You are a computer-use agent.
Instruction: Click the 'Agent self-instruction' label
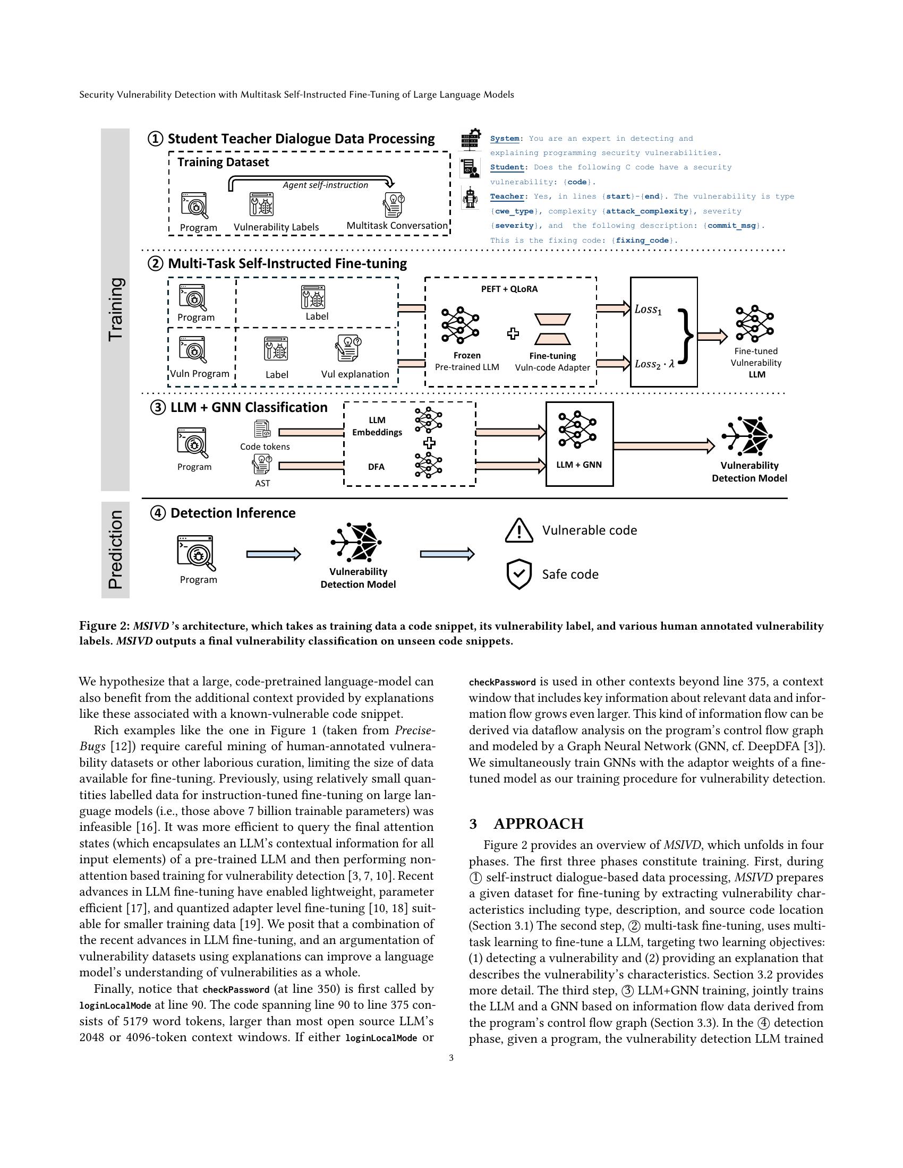pyautogui.click(x=325, y=185)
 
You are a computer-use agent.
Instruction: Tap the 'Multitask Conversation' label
pyautogui.click(x=397, y=226)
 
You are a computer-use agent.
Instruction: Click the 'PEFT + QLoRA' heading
pyautogui.click(x=509, y=289)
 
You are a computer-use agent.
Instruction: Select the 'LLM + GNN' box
pyautogui.click(x=579, y=444)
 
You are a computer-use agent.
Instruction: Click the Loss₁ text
pyautogui.click(x=648, y=310)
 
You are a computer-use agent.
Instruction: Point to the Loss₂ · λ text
pyautogui.click(x=654, y=364)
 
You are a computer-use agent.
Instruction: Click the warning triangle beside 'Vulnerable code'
pyautogui.click(x=518, y=530)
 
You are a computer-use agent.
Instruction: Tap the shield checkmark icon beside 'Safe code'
pyautogui.click(x=518, y=574)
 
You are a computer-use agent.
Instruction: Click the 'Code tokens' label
pyautogui.click(x=265, y=446)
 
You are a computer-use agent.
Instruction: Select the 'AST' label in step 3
pyautogui.click(x=262, y=484)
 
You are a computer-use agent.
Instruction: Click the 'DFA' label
pyautogui.click(x=376, y=467)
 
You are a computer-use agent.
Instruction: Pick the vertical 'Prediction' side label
pyautogui.click(x=116, y=549)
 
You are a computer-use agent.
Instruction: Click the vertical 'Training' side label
pyautogui.click(x=116, y=309)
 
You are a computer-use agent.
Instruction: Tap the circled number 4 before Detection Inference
pyautogui.click(x=158, y=513)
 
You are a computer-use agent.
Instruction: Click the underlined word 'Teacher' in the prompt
pyautogui.click(x=507, y=196)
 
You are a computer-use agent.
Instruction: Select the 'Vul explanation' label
pyautogui.click(x=355, y=374)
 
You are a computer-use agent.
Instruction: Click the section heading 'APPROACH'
pyautogui.click(x=538, y=823)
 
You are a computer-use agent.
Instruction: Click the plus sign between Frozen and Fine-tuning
pyautogui.click(x=513, y=334)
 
